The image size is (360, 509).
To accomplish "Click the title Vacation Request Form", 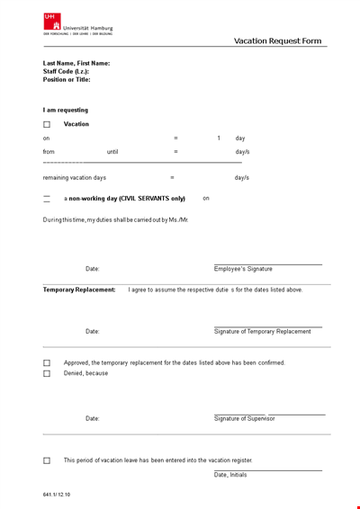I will pos(277,40).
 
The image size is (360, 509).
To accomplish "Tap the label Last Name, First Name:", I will pos(76,64).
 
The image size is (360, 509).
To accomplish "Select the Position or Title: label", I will pos(67,79).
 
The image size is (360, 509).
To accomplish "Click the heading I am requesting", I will pos(66,110).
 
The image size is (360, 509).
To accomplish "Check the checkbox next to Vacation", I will pos(47,125).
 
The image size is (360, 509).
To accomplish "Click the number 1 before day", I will pos(218,138).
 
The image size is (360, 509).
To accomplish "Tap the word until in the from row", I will pos(112,152).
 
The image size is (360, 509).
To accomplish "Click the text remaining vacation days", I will pos(75,178).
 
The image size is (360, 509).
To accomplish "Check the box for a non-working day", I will pos(47,199).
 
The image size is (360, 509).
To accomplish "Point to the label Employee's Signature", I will pos(243,269).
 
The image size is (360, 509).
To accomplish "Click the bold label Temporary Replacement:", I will pos(79,290).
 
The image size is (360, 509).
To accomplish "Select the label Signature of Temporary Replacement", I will pos(262,332).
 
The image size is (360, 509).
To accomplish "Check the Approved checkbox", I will pos(47,363).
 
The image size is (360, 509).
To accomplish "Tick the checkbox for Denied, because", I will pos(47,373).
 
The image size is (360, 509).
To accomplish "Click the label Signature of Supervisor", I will pos(244,418).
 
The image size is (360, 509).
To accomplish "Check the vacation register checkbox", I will pos(47,460).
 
